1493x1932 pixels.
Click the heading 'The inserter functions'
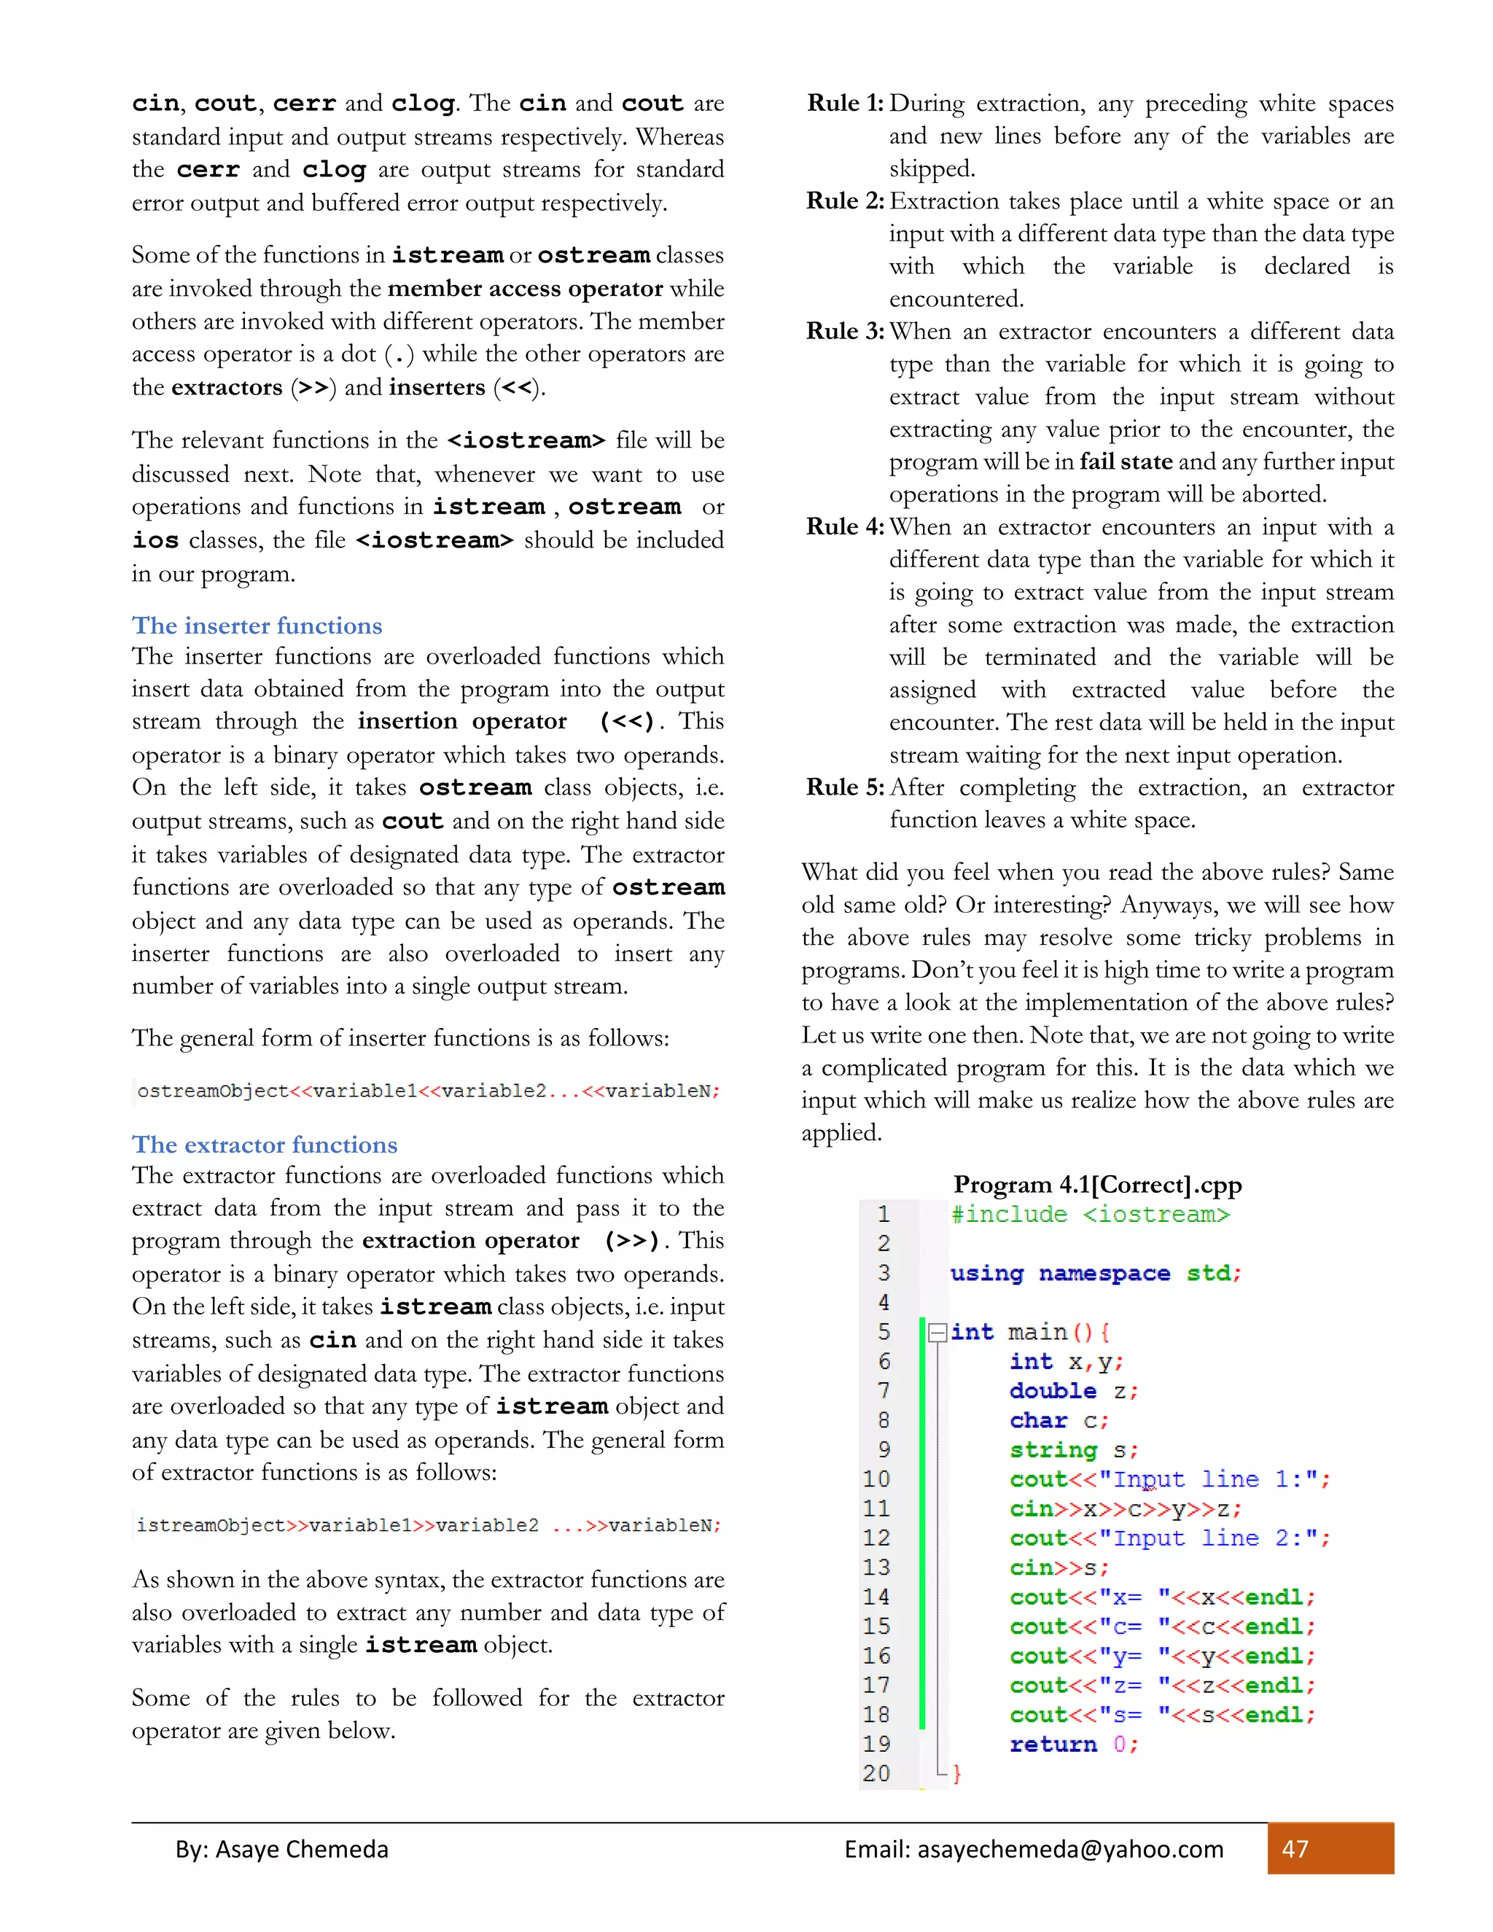[257, 626]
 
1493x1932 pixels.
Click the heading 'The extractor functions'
[265, 1145]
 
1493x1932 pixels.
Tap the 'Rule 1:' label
[845, 104]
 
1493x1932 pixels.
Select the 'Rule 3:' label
[845, 332]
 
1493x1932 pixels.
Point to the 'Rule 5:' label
[845, 787]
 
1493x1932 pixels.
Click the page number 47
[1295, 1849]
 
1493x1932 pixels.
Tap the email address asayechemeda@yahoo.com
[1070, 1849]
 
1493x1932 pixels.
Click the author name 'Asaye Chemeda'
[302, 1849]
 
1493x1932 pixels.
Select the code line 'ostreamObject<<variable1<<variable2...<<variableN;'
[428, 1091]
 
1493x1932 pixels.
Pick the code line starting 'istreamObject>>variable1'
[428, 1525]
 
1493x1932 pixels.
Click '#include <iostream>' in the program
[1090, 1215]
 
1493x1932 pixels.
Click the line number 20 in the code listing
[876, 1773]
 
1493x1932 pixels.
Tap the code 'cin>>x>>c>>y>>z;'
[1125, 1508]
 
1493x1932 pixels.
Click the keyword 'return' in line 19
[1053, 1744]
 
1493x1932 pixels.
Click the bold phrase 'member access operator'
[526, 289]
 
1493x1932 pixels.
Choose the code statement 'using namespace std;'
[1095, 1273]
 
